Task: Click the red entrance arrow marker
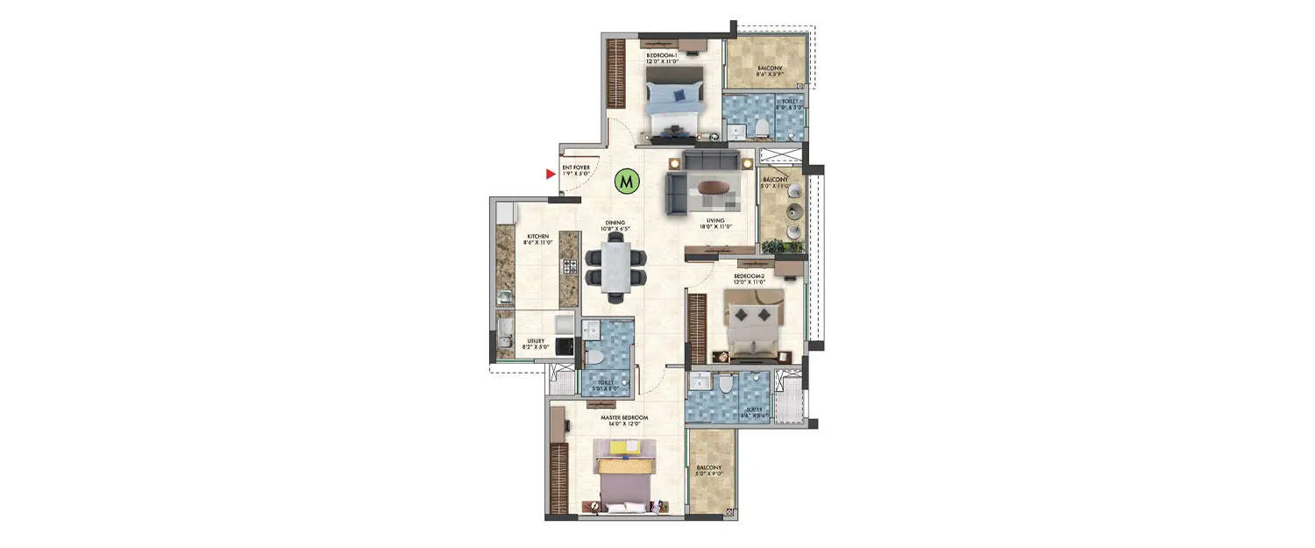[551, 174]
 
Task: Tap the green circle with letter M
[625, 181]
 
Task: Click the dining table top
[615, 268]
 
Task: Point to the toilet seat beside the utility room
[594, 359]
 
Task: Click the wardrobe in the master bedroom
[559, 479]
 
